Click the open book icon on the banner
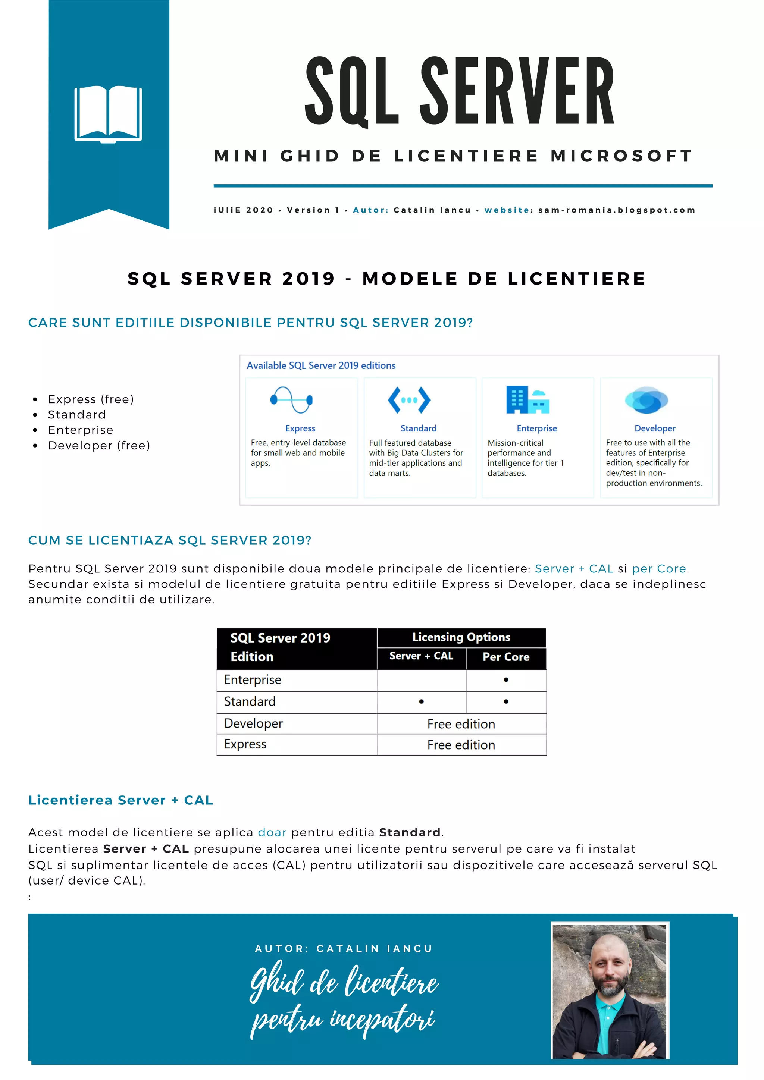point(108,113)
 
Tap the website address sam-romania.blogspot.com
point(616,210)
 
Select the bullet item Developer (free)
point(99,445)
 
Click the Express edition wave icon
point(292,400)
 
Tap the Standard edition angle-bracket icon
point(409,400)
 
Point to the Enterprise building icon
point(527,400)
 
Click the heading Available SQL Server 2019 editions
point(321,365)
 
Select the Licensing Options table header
point(461,637)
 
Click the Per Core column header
point(506,657)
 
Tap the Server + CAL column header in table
point(421,656)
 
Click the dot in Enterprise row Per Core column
point(506,680)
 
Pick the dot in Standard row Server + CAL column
point(421,701)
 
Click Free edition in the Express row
point(461,745)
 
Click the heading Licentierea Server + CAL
point(120,800)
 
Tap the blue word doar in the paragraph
point(272,833)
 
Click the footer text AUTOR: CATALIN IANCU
point(344,949)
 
